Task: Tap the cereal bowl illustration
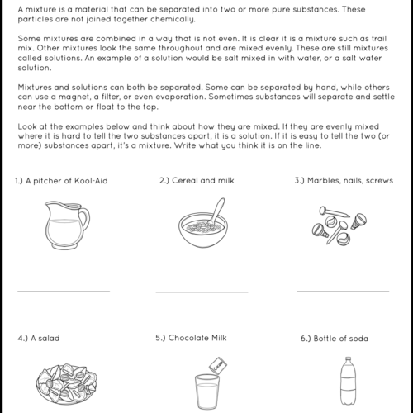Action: [x=202, y=226]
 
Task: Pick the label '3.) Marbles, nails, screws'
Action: [x=344, y=181]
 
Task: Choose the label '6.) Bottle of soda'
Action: [x=335, y=339]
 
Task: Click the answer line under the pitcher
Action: [x=63, y=292]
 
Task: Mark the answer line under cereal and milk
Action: [x=202, y=292]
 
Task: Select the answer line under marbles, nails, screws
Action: [x=343, y=292]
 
